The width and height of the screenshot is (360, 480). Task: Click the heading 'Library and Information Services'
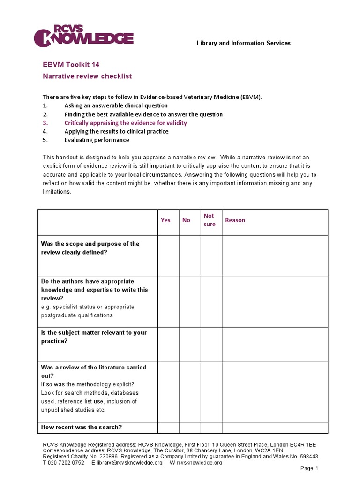pos(243,43)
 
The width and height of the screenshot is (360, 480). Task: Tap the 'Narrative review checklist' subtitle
pos(87,76)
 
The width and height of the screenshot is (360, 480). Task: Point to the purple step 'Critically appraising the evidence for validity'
pos(126,123)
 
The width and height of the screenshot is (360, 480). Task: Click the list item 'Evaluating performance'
pos(97,140)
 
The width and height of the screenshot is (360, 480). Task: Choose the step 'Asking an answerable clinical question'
pos(116,106)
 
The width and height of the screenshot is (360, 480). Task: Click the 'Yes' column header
pos(166,220)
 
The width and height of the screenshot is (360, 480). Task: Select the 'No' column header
pos(187,220)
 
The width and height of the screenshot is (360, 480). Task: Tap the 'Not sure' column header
pos(210,220)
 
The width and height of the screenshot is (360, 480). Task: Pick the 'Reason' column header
pos(235,220)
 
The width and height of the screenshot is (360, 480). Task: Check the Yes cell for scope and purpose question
pos(168,255)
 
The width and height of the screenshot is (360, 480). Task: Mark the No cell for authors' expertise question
pos(190,301)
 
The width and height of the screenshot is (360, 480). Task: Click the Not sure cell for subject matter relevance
pos(211,345)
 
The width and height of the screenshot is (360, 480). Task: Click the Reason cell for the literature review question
pos(275,391)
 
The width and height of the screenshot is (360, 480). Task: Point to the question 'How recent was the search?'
pos(82,427)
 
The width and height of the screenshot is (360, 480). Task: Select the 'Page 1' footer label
pos(309,468)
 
